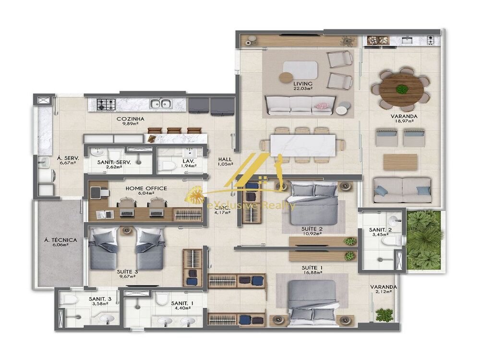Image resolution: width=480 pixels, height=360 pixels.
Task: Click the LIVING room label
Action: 303,84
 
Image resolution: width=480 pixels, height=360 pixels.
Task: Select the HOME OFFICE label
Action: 146,188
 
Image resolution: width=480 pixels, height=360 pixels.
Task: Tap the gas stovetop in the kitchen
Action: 106,103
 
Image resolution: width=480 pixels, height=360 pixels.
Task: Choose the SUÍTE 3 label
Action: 127,271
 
